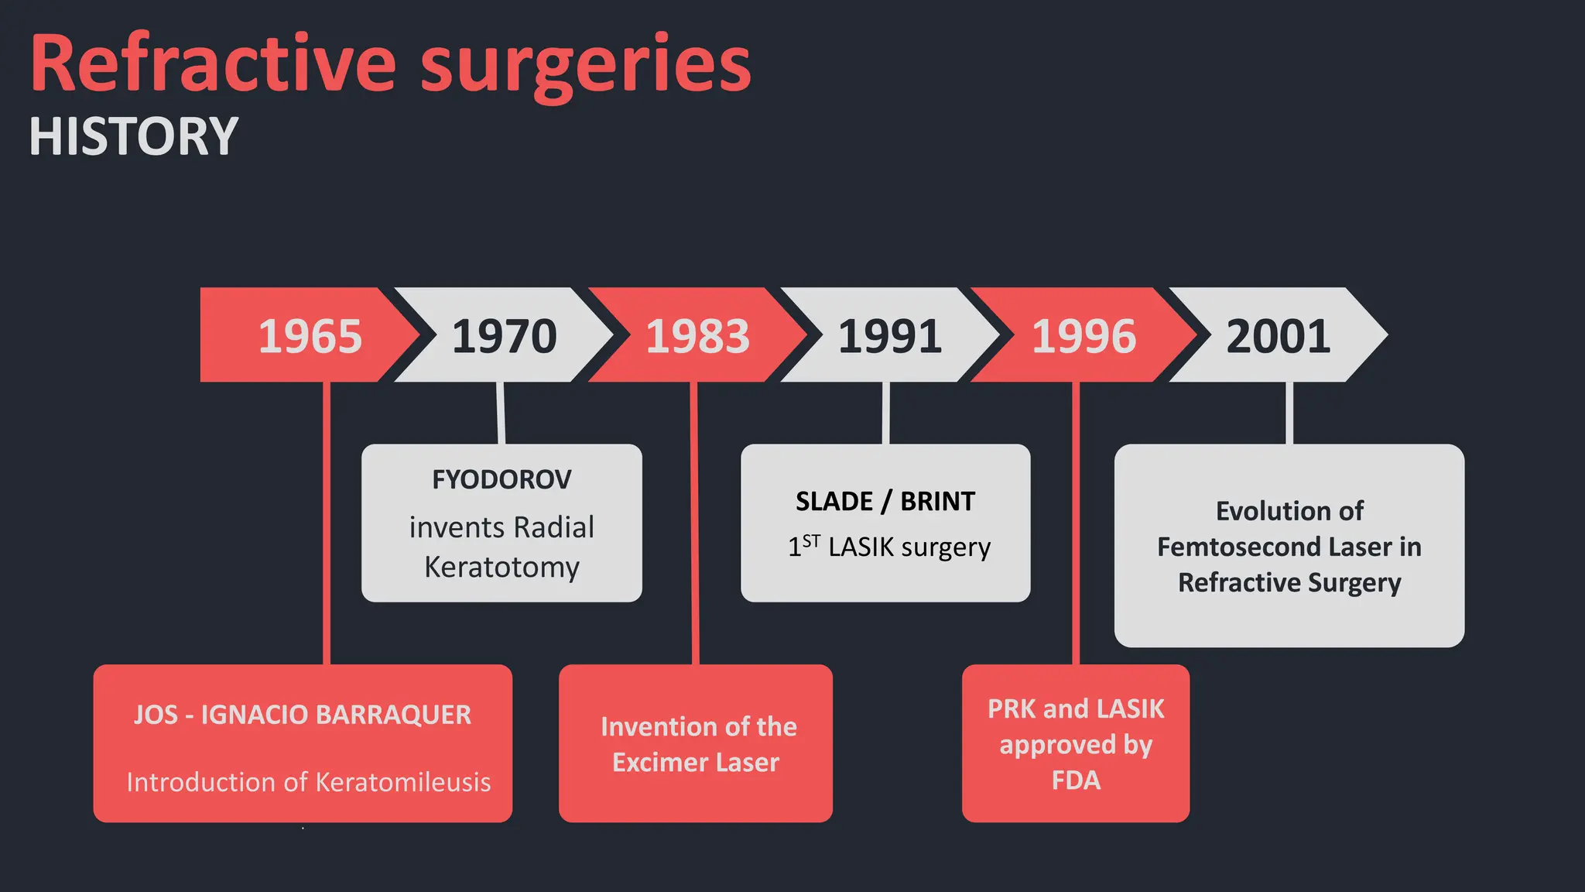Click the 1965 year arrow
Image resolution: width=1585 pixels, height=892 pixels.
[x=310, y=336]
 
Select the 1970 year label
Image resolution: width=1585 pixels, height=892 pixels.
[x=504, y=336]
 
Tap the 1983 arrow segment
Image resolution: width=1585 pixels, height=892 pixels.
[x=697, y=336]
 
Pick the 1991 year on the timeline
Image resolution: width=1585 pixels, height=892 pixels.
[x=890, y=336]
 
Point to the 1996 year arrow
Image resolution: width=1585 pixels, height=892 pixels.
[x=1083, y=336]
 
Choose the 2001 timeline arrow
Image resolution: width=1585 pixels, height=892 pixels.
[x=1278, y=336]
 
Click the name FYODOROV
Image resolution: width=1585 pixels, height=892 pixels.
[x=502, y=480]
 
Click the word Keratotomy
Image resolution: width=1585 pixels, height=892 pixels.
[x=502, y=568]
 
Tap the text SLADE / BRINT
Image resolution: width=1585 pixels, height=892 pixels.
[x=885, y=502]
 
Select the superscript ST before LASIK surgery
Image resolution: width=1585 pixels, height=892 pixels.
[x=811, y=541]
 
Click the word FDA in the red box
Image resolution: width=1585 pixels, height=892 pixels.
[x=1075, y=780]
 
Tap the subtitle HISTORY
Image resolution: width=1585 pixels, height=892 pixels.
[x=134, y=137]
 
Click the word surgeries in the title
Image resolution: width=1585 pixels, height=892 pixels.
[x=585, y=66]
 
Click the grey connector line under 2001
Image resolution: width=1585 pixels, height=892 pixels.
[x=1289, y=413]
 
